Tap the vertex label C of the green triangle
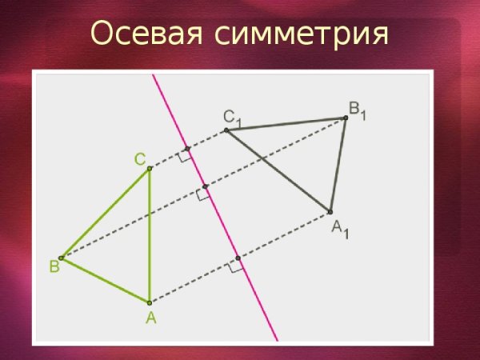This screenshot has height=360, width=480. [139, 159]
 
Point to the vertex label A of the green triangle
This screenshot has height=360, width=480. [150, 318]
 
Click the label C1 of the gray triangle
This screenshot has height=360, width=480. [231, 118]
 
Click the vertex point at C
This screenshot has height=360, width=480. [150, 168]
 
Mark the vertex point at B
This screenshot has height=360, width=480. [61, 258]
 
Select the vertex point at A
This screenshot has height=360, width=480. [150, 302]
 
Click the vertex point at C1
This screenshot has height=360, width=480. [226, 129]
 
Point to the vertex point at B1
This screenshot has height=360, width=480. [346, 118]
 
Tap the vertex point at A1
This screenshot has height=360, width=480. [330, 212]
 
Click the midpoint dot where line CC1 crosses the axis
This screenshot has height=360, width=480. [187, 149]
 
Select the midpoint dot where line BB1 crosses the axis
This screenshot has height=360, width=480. [205, 187]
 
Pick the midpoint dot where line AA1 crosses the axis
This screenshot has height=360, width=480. [238, 258]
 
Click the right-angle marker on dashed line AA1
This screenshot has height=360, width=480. [234, 268]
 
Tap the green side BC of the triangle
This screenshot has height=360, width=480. [105, 213]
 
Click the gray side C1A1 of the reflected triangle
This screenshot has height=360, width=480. [278, 170]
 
